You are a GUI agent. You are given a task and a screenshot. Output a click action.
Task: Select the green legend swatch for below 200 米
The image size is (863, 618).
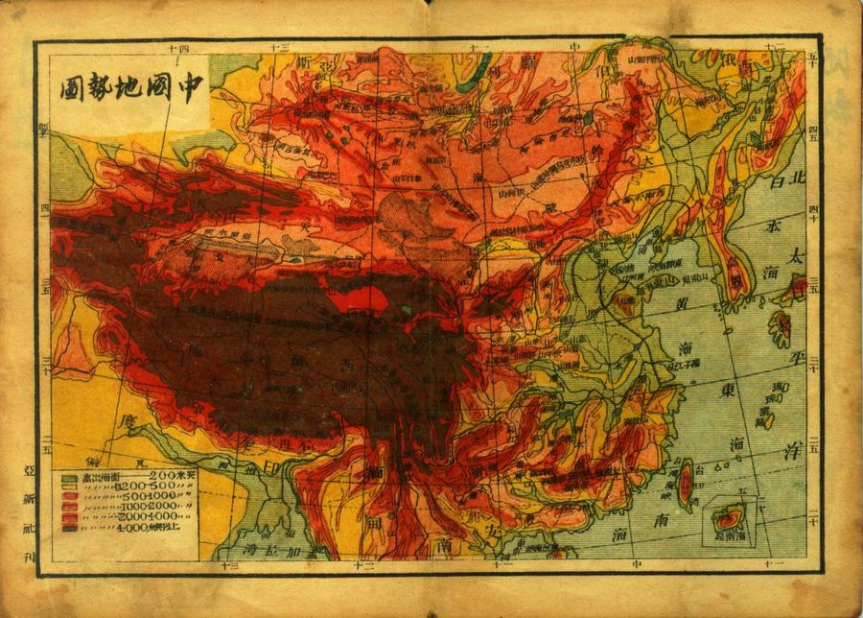tap(70, 477)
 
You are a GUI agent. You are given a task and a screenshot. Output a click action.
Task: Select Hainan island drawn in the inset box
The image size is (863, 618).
tap(728, 519)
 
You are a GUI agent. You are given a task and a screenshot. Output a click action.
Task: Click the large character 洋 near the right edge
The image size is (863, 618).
tap(792, 452)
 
